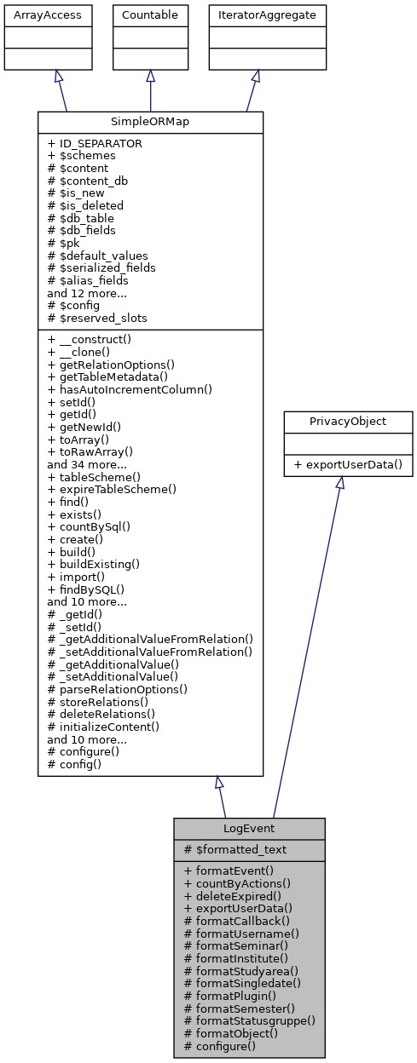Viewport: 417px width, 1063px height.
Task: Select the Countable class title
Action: coord(150,14)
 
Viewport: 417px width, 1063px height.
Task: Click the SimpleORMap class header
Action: coord(150,122)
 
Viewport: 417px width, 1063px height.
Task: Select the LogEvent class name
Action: coord(249,829)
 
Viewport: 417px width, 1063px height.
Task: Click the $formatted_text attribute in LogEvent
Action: coord(235,849)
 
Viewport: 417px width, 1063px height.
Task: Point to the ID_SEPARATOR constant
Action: coord(95,144)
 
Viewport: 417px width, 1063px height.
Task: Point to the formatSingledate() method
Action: coord(243,983)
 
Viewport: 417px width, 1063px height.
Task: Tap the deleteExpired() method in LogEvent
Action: coord(231,896)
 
